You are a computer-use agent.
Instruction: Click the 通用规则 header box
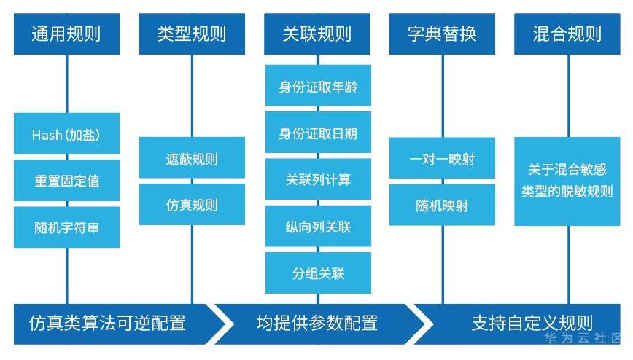pos(66,34)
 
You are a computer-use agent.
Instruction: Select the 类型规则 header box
pos(192,34)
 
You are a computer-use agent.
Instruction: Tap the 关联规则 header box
pos(317,34)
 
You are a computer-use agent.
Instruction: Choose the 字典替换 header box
pos(443,34)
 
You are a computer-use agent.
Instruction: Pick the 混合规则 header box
pos(567,34)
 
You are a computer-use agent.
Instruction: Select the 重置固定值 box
pos(66,181)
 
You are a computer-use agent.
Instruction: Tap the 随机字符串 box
pos(66,227)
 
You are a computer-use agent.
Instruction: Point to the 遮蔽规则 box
pos(192,159)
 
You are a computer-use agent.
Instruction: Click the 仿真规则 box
pos(192,205)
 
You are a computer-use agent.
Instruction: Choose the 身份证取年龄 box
pos(318,87)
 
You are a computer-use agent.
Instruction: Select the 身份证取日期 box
pos(318,133)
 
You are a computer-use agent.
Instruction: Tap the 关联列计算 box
pos(318,179)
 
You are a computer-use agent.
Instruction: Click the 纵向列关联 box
pos(318,227)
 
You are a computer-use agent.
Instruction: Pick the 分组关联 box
pos(318,273)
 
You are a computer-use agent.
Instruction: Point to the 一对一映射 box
pos(443,159)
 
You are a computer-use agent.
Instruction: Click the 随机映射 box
pos(443,205)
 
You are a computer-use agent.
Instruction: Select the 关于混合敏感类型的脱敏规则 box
pos(567,181)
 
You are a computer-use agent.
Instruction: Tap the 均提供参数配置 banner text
pos(317,322)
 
